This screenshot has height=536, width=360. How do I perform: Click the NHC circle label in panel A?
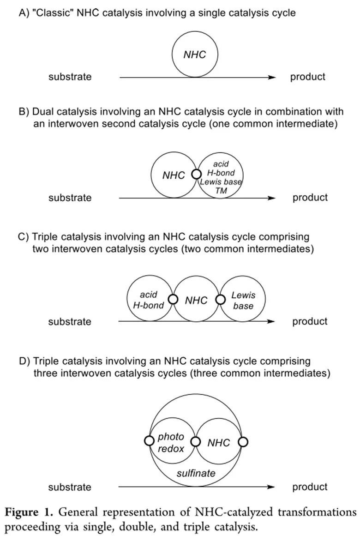coord(194,55)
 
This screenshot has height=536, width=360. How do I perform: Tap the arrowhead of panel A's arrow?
coord(272,78)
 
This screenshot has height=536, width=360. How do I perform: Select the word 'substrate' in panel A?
coord(70,77)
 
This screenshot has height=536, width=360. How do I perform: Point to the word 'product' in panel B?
coord(310,198)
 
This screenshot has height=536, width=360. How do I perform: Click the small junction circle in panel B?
coord(196,175)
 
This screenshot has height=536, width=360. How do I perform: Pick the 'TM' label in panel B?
coord(221,190)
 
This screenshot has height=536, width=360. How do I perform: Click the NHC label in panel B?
coord(174,175)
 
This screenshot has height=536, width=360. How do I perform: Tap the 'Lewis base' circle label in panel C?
coord(243,300)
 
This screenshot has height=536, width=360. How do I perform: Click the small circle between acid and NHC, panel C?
coord(173,299)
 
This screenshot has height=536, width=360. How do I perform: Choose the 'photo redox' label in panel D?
coord(171,443)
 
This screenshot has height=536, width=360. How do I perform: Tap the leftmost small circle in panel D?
coord(149,441)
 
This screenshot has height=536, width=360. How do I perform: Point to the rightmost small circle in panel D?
coord(243,442)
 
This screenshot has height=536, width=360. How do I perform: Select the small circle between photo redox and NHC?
coord(196,442)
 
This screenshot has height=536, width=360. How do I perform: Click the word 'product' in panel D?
coord(310,487)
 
